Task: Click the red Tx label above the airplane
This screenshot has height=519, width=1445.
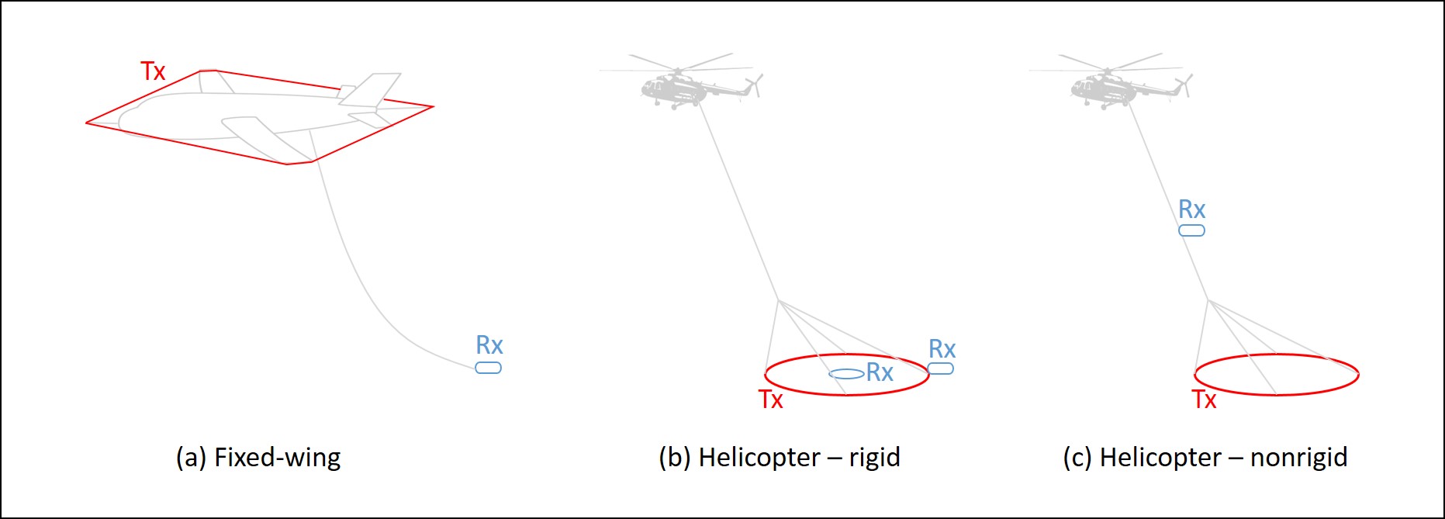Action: (x=153, y=71)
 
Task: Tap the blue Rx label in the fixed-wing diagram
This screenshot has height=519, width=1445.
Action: (x=489, y=345)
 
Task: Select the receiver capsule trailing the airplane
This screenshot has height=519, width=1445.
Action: (x=488, y=368)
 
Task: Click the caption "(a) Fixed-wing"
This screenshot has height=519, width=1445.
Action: (x=258, y=458)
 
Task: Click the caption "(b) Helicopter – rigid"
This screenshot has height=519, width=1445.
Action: (x=780, y=458)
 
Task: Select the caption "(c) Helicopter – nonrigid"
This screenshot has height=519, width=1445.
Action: (x=1205, y=458)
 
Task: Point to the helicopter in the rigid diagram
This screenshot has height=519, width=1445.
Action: (x=681, y=81)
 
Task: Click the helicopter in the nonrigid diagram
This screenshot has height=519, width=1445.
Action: (x=1111, y=81)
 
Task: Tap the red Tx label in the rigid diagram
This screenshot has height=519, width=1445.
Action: (x=771, y=400)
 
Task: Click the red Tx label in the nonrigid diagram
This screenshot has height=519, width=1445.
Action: (x=1204, y=400)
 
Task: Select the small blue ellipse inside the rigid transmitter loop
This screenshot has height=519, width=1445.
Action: (x=846, y=374)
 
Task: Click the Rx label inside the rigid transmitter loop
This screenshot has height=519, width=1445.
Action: (x=880, y=372)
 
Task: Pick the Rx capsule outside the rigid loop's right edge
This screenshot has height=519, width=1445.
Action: (x=941, y=368)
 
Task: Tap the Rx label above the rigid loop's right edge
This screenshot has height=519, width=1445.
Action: (x=942, y=349)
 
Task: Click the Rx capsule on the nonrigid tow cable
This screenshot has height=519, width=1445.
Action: (x=1192, y=230)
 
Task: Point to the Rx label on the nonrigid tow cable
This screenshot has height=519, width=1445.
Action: (x=1192, y=209)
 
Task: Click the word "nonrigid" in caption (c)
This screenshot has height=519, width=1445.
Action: (x=1299, y=458)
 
